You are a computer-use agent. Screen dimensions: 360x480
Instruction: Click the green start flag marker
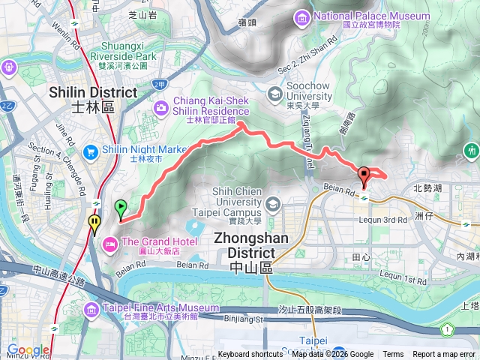121,208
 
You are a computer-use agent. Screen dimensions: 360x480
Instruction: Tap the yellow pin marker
94,223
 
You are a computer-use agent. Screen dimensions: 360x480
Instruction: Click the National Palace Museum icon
301,16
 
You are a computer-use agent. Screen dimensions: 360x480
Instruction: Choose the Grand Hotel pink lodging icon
109,242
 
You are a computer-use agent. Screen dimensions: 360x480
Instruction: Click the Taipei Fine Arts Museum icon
91,309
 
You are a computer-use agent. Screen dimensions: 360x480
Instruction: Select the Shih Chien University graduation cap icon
274,203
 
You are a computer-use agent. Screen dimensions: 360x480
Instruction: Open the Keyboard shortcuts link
250,355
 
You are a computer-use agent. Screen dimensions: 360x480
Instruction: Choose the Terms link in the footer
393,355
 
